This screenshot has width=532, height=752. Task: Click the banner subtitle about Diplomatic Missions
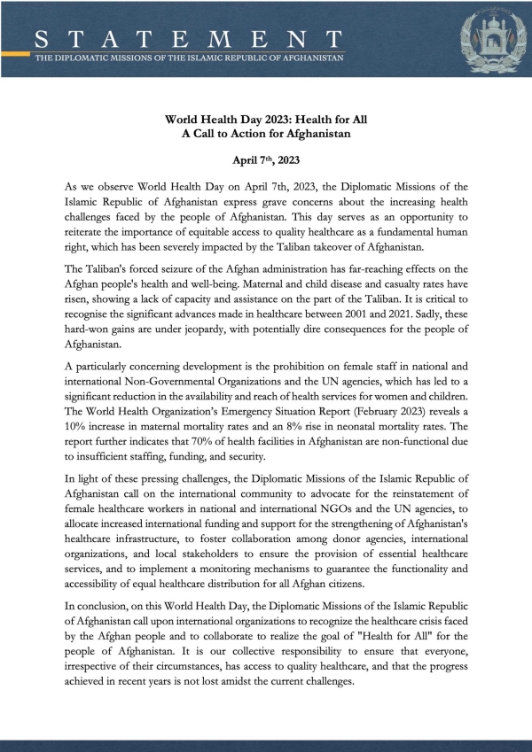click(x=189, y=58)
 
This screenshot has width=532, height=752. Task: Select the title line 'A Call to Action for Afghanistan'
click(x=266, y=135)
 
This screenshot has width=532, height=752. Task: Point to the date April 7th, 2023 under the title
click(x=266, y=162)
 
